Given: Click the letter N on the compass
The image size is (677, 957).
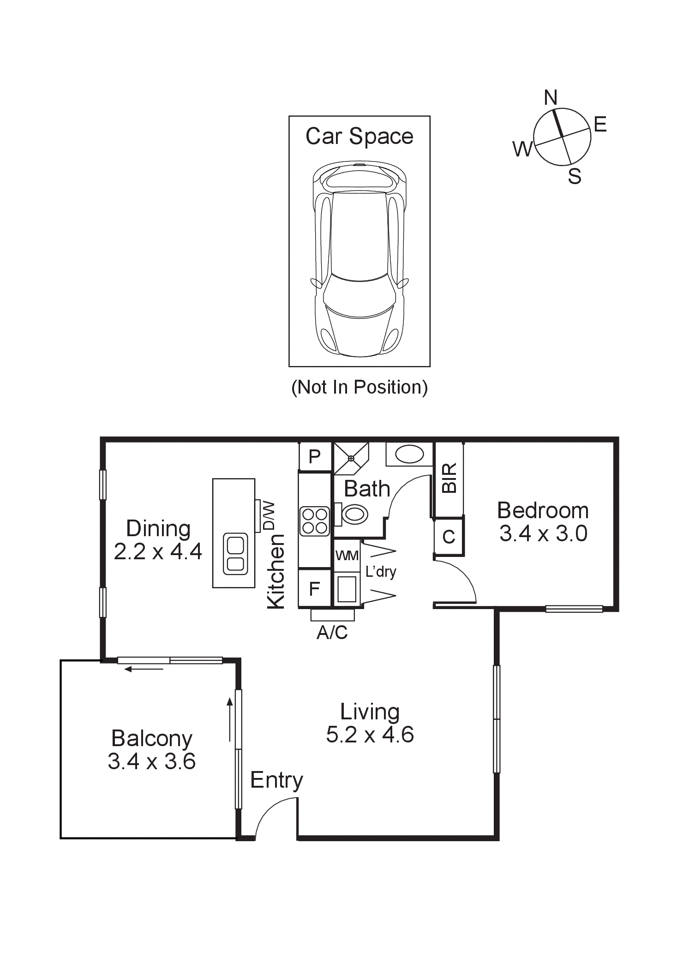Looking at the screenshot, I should click(x=551, y=98).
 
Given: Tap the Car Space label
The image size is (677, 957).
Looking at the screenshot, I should click(x=359, y=137).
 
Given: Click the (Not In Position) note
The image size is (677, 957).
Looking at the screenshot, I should click(x=359, y=387).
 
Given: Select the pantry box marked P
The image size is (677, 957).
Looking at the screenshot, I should click(x=315, y=457).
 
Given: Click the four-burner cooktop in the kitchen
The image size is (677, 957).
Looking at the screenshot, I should click(x=315, y=521).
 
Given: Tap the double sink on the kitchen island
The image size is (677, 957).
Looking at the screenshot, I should click(x=235, y=554).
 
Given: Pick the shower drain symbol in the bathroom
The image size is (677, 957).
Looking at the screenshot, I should click(x=351, y=458).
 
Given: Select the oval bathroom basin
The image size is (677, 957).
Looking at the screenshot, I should click(x=409, y=455).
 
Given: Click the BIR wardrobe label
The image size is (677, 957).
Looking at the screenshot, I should click(x=449, y=478).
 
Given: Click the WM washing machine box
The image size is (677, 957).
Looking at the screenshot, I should click(x=347, y=556).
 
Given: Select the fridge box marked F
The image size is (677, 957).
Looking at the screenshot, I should click(x=315, y=589).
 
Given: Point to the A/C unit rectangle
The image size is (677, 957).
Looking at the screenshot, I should click(x=332, y=615).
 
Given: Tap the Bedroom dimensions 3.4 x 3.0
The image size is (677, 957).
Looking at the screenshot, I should click(x=543, y=534).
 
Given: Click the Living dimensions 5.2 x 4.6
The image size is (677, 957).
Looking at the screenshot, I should click(x=370, y=735).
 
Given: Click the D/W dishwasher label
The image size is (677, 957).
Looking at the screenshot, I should click(x=270, y=516).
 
